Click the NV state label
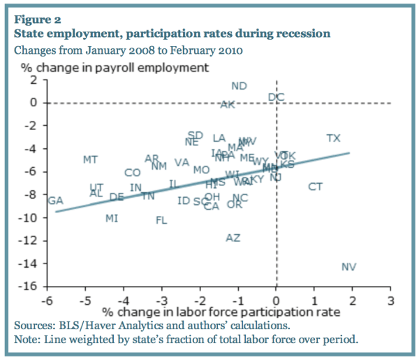pos(348,267)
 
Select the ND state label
pos(239,86)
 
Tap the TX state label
pos(334,138)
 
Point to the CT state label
pos(316,187)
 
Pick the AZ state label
pos(233,238)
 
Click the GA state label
pos(56,201)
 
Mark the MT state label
pos(90,160)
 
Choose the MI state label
pos(112,218)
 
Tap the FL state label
pos(161,221)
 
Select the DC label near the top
pos(276,97)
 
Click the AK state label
pos(228,105)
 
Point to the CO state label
pos(133,173)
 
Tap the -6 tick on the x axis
pos(45,299)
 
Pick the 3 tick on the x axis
pos(390,299)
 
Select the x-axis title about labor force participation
pos(221,311)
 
